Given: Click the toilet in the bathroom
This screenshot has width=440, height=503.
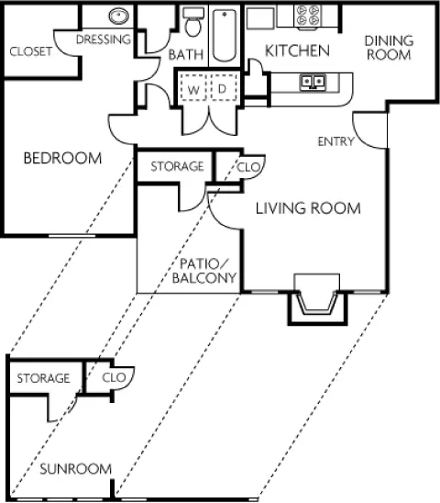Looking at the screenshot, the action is (x=193, y=22).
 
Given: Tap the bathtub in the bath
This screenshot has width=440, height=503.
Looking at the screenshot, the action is (x=225, y=35).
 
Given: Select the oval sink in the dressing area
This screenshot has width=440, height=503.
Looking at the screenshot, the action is (x=118, y=16).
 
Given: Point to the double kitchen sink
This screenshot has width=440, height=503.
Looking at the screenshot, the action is (x=313, y=82).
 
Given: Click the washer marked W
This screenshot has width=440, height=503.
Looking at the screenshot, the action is (x=192, y=88).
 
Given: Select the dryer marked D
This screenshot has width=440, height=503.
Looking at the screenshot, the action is (x=224, y=88).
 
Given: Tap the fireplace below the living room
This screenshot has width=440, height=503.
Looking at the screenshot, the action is (x=317, y=299).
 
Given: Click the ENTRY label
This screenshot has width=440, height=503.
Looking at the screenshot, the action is (x=335, y=141).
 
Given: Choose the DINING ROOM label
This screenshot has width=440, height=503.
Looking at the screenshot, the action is (x=389, y=48).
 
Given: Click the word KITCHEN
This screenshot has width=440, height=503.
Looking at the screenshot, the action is (x=297, y=51).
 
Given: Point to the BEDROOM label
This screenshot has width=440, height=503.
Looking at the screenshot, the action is (x=63, y=158).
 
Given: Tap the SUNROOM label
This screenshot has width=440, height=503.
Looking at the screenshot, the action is (x=76, y=469).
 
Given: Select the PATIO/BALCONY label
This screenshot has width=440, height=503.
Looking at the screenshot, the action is (x=204, y=271).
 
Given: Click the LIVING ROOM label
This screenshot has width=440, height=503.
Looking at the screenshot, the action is (x=308, y=208).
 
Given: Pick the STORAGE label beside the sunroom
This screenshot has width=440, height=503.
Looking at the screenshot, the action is (x=43, y=378).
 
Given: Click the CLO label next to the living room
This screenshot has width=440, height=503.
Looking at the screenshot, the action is (x=248, y=167).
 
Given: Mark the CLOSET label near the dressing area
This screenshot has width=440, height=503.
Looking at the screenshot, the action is (x=31, y=51).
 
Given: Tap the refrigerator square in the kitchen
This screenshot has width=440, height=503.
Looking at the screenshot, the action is (x=260, y=18).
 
